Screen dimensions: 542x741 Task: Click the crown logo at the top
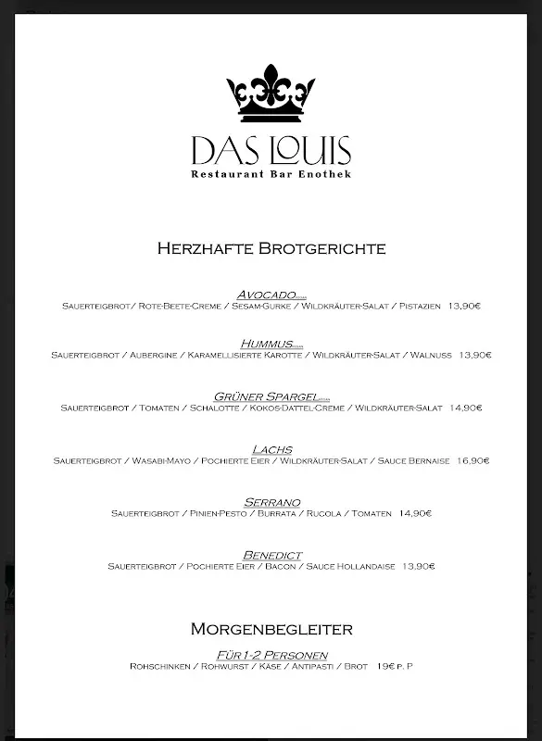pos(271,93)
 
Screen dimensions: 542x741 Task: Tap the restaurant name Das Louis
pos(271,151)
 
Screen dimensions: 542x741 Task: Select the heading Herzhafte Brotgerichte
pos(271,248)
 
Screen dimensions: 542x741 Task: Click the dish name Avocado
pos(266,294)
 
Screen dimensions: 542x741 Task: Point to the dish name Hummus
pos(267,344)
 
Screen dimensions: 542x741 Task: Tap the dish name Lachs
pos(272,449)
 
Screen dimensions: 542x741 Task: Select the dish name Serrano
pos(272,502)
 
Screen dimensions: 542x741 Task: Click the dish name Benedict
pos(272,555)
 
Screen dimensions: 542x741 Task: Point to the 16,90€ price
pos(473,460)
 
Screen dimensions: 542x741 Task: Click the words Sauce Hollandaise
pos(350,566)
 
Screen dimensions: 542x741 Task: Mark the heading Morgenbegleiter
pos(271,629)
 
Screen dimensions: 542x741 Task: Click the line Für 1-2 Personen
pos(271,655)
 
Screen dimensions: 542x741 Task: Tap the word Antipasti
pos(314,666)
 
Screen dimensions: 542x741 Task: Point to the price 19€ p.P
pos(395,666)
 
